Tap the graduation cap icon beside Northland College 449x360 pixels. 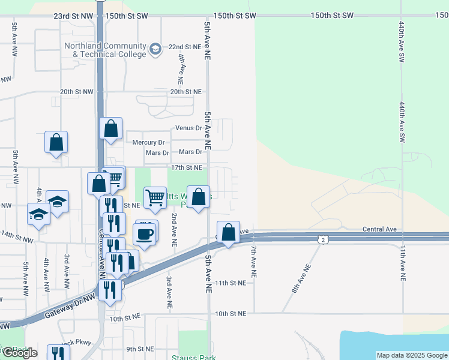[x=155, y=49]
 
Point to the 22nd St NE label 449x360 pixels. [x=184, y=46]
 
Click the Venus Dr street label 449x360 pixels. [x=188, y=128]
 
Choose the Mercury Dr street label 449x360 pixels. [x=148, y=142]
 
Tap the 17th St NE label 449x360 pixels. [x=187, y=167]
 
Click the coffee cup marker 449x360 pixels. [x=145, y=233]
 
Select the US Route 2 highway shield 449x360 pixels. [x=324, y=239]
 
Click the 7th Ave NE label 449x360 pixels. [x=254, y=260]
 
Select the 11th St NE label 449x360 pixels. [x=231, y=283]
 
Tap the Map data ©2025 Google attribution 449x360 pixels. [x=411, y=355]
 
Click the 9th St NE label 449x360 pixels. [x=140, y=349]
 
